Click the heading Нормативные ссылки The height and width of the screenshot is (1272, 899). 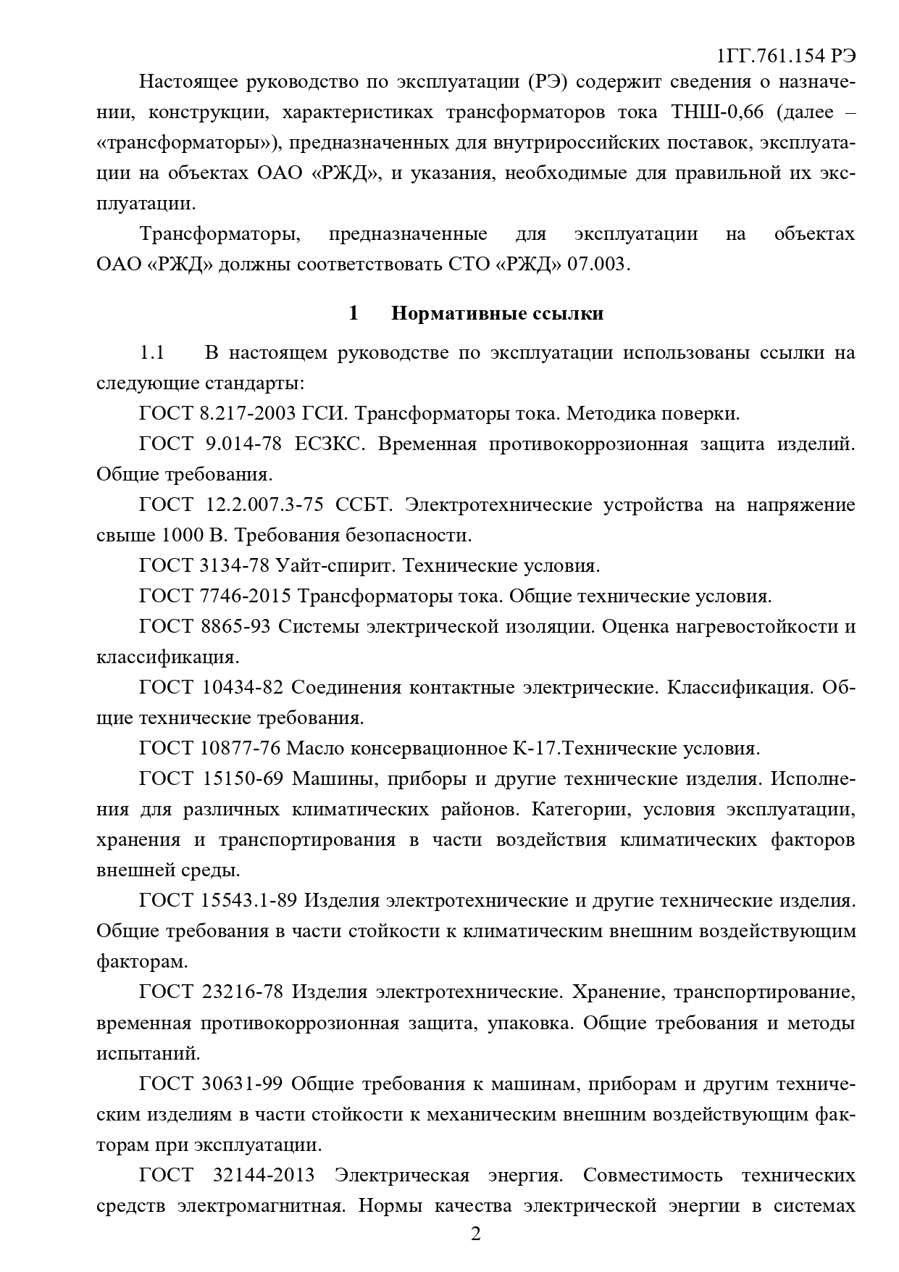pos(497,313)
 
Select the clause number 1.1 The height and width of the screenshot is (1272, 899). pos(152,353)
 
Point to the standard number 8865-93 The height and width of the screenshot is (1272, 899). pos(234,626)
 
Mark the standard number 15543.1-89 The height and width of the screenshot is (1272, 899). pos(248,900)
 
